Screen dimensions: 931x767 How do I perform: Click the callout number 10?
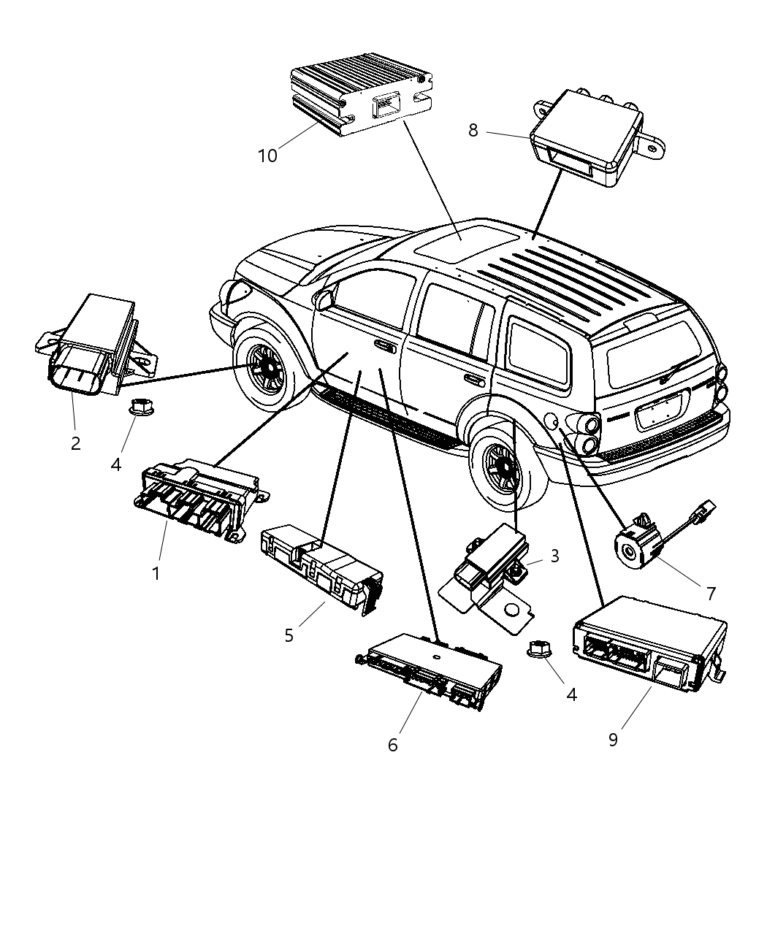(x=267, y=156)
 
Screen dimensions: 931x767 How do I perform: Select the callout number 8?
(x=473, y=131)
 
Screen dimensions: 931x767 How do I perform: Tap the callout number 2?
(x=76, y=442)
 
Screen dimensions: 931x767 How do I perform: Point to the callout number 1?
(x=156, y=573)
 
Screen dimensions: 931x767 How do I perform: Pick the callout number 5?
(x=289, y=635)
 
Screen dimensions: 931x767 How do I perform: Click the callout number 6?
(x=393, y=745)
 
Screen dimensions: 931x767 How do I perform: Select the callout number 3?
(x=554, y=556)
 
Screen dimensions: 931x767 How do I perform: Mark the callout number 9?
(x=613, y=739)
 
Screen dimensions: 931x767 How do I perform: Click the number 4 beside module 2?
(x=116, y=464)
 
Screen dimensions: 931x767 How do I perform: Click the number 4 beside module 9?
(x=571, y=694)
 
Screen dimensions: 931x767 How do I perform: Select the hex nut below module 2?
(x=139, y=406)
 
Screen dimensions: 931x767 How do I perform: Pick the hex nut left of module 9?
(x=540, y=649)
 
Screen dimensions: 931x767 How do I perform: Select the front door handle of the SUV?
(x=384, y=346)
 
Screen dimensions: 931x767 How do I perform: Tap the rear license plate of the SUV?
(x=660, y=413)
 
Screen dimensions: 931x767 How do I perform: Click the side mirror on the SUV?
(x=322, y=299)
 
